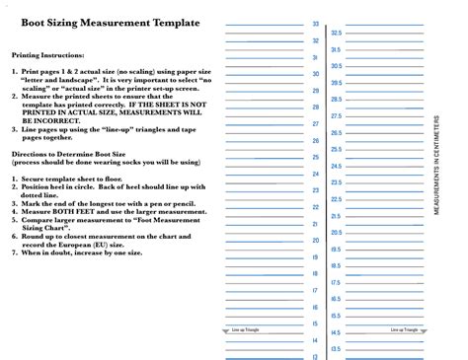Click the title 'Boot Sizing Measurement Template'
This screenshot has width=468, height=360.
coord(110,23)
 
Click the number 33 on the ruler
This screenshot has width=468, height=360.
coord(316,24)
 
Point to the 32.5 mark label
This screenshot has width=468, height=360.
coord(337,33)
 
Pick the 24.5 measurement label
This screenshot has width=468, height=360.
coord(337,166)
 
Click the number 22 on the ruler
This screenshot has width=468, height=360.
coord(316,207)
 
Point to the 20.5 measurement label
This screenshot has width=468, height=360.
coord(337,233)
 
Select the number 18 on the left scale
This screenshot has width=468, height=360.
coord(316,274)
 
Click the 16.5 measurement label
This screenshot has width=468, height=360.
coord(337,299)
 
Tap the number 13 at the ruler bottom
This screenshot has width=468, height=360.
coord(316,356)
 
